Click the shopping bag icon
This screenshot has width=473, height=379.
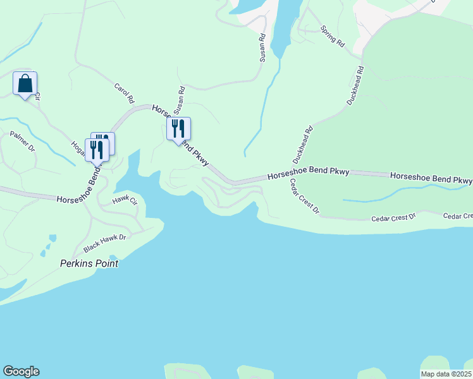point(25,83)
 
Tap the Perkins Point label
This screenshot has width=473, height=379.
point(89,263)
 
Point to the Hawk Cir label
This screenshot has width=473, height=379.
point(125,201)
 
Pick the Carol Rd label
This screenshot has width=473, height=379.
point(125,93)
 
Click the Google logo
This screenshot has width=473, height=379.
point(21,371)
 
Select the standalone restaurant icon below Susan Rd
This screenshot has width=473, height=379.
point(178,129)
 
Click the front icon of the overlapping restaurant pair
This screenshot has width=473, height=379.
point(97,150)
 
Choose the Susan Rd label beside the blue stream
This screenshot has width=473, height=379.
point(262,48)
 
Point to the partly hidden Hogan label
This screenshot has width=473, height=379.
point(79,150)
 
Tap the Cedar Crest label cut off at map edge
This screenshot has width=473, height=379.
point(458,216)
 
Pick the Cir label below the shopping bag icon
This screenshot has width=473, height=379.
point(37,97)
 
